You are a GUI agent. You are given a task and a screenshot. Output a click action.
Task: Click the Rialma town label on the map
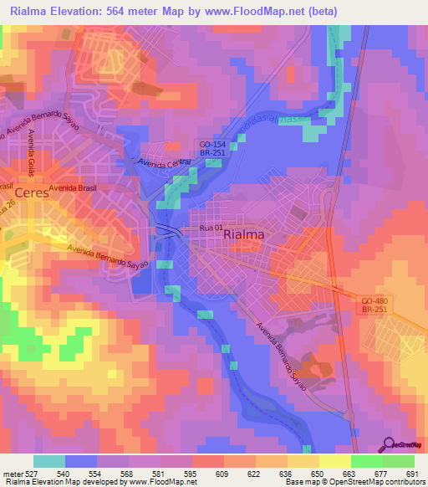click(244, 236)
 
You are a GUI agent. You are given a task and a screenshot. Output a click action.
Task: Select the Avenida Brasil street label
click(73, 188)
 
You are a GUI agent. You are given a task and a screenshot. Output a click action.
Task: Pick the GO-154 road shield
click(210, 144)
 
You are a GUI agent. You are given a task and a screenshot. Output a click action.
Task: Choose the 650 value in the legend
click(317, 473)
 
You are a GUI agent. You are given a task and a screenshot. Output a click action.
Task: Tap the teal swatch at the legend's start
click(48, 461)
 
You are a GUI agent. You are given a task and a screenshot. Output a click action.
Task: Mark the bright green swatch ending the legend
click(399, 461)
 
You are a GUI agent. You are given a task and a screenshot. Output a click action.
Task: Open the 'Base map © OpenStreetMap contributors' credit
click(355, 482)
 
